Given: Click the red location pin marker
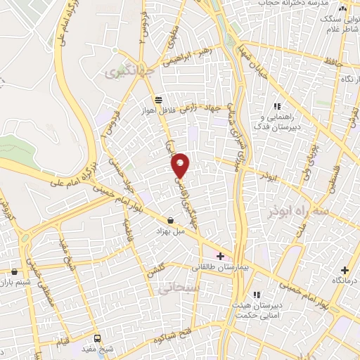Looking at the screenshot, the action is (x=181, y=165).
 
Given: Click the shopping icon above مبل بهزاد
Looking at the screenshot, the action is (x=171, y=220).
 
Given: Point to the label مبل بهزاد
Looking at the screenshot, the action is (x=171, y=231).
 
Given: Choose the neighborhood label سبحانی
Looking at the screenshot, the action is (x=190, y=288).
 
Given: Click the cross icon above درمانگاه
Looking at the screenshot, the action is (x=344, y=270).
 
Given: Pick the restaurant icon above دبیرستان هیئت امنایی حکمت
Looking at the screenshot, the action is (x=257, y=294).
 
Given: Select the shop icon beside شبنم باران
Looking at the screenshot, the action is (x=14, y=271).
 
